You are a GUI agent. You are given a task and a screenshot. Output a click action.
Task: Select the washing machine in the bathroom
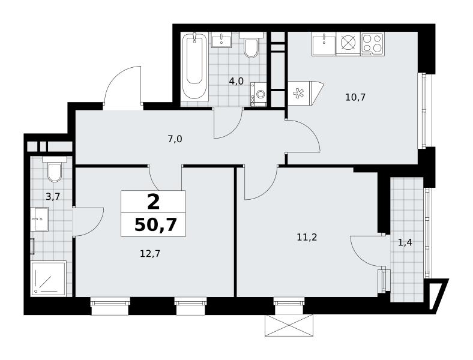click(x=259, y=94)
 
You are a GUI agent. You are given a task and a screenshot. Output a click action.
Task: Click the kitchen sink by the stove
click(x=324, y=44)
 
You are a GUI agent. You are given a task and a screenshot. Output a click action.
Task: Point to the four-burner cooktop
click(x=372, y=44)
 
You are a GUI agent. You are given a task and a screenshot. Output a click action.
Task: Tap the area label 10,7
click(x=355, y=97)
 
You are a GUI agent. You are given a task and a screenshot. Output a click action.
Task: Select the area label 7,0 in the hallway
click(x=175, y=139)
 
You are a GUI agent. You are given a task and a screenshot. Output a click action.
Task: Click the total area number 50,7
click(x=155, y=224)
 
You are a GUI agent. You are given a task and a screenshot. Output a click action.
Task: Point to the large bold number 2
click(x=153, y=202)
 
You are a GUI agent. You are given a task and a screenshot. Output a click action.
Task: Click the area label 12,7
click(x=150, y=254)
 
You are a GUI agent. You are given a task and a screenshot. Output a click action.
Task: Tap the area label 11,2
click(x=307, y=238)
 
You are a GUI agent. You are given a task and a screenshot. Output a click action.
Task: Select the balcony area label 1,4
click(x=405, y=242)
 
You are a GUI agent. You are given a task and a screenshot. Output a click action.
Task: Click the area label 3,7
click(x=53, y=197)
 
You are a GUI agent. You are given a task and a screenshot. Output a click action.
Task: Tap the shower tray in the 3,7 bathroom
click(x=48, y=278)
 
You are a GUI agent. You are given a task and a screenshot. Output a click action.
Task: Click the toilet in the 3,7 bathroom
click(x=55, y=169)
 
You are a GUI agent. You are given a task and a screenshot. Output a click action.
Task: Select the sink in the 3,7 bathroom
click(x=40, y=219)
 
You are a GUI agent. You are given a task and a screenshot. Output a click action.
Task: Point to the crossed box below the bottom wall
click(x=289, y=325)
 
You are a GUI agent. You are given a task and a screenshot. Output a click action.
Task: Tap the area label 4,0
click(x=236, y=82)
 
